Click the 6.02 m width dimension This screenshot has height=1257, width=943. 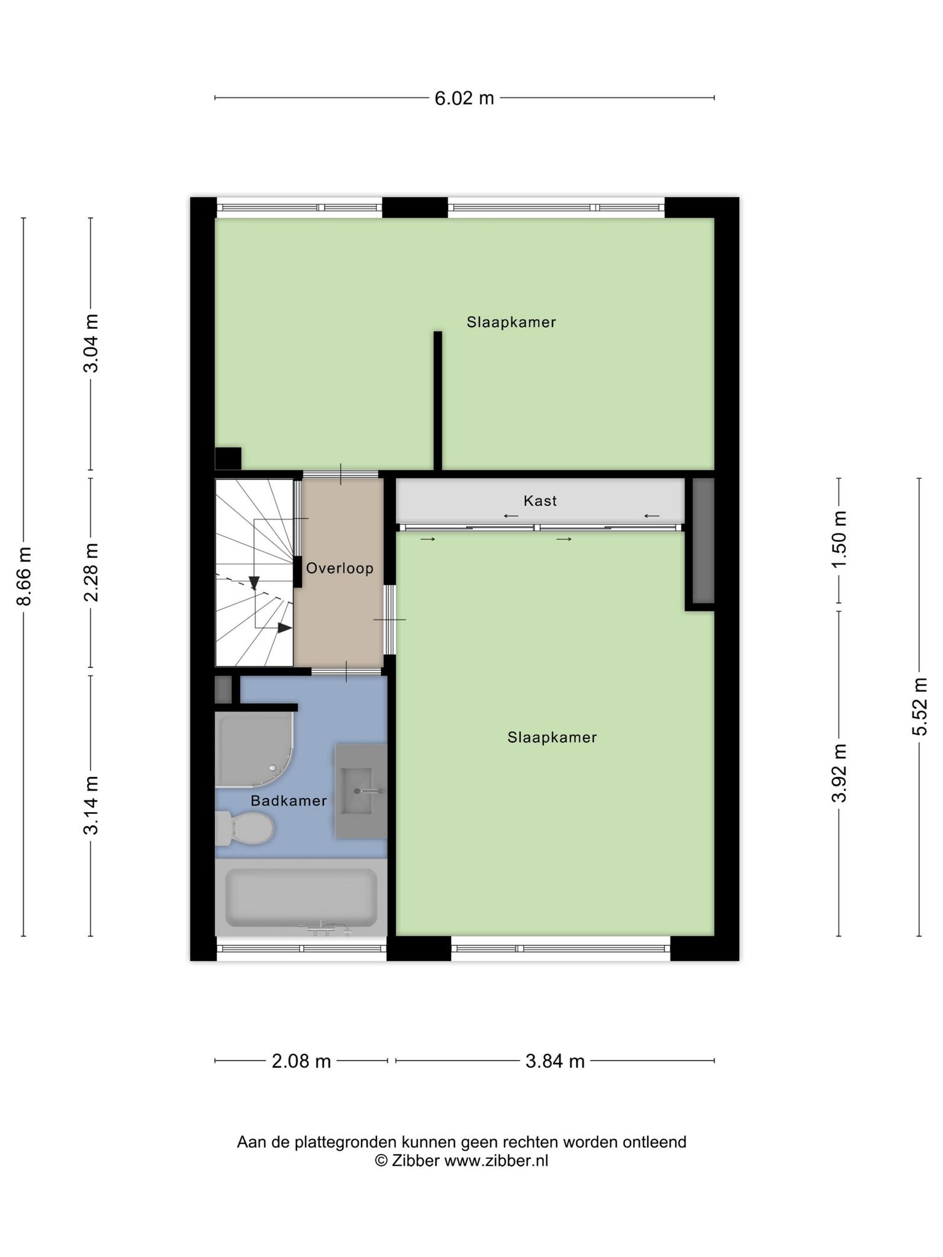[x=464, y=98]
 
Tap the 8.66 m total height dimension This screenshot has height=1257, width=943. [x=24, y=576]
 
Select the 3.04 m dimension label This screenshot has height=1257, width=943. [x=91, y=343]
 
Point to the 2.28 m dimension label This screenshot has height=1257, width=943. [x=91, y=572]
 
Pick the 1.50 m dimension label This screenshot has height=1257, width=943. [x=839, y=540]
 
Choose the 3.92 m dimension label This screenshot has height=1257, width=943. [x=839, y=773]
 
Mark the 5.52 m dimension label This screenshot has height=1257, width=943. [x=920, y=706]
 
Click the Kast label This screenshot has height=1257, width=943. [x=540, y=501]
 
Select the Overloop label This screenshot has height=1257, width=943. [x=340, y=568]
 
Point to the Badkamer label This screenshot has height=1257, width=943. [x=289, y=801]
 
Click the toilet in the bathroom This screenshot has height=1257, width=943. [x=244, y=828]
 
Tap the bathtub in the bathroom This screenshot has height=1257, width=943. [x=301, y=897]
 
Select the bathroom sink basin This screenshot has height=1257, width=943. [x=360, y=791]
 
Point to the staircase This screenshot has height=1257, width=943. [x=254, y=573]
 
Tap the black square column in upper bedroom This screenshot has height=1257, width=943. [x=228, y=458]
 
